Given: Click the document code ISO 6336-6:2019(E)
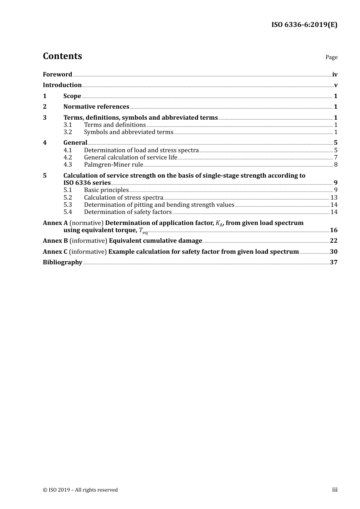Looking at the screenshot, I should pos(304,25).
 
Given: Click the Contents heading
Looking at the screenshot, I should pos(62,56).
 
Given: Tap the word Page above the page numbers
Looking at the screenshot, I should pos(331,57).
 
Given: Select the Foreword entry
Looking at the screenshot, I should pos(57,75).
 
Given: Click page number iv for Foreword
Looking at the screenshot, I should pos(335,75).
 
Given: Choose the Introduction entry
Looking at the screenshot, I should pos(62,85).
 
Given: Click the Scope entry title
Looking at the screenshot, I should pos(72,96).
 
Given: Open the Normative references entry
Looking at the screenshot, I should pos(96,107).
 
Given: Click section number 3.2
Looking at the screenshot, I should pos(67,132).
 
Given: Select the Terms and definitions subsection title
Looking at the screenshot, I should pos(115,125).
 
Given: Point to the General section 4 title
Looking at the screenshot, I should pos(75,143).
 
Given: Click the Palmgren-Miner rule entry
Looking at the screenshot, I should pos(113,165).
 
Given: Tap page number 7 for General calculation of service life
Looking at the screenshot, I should pos(336,158).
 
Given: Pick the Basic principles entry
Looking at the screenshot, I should pos(106,190).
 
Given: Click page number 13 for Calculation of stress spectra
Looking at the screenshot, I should pos(334,198).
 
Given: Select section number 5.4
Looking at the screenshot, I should pos(67,212).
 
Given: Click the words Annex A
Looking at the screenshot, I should pos(55,223).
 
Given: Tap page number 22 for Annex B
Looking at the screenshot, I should pos(333,241).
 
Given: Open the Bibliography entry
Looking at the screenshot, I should pos(63,262).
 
